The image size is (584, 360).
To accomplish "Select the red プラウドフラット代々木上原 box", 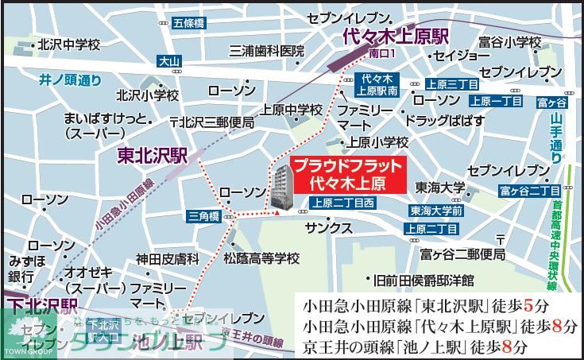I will pos(346,174).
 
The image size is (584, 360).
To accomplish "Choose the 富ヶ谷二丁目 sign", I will pos(530,191).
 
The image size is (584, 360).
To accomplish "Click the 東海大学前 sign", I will pos(436,211).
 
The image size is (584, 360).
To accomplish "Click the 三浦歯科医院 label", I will pos(267,51).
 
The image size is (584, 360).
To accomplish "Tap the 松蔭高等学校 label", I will pos(261,258).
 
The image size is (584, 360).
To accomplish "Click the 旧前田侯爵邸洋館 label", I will pos(430,281).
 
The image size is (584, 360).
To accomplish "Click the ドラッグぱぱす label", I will pos(444,121).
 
